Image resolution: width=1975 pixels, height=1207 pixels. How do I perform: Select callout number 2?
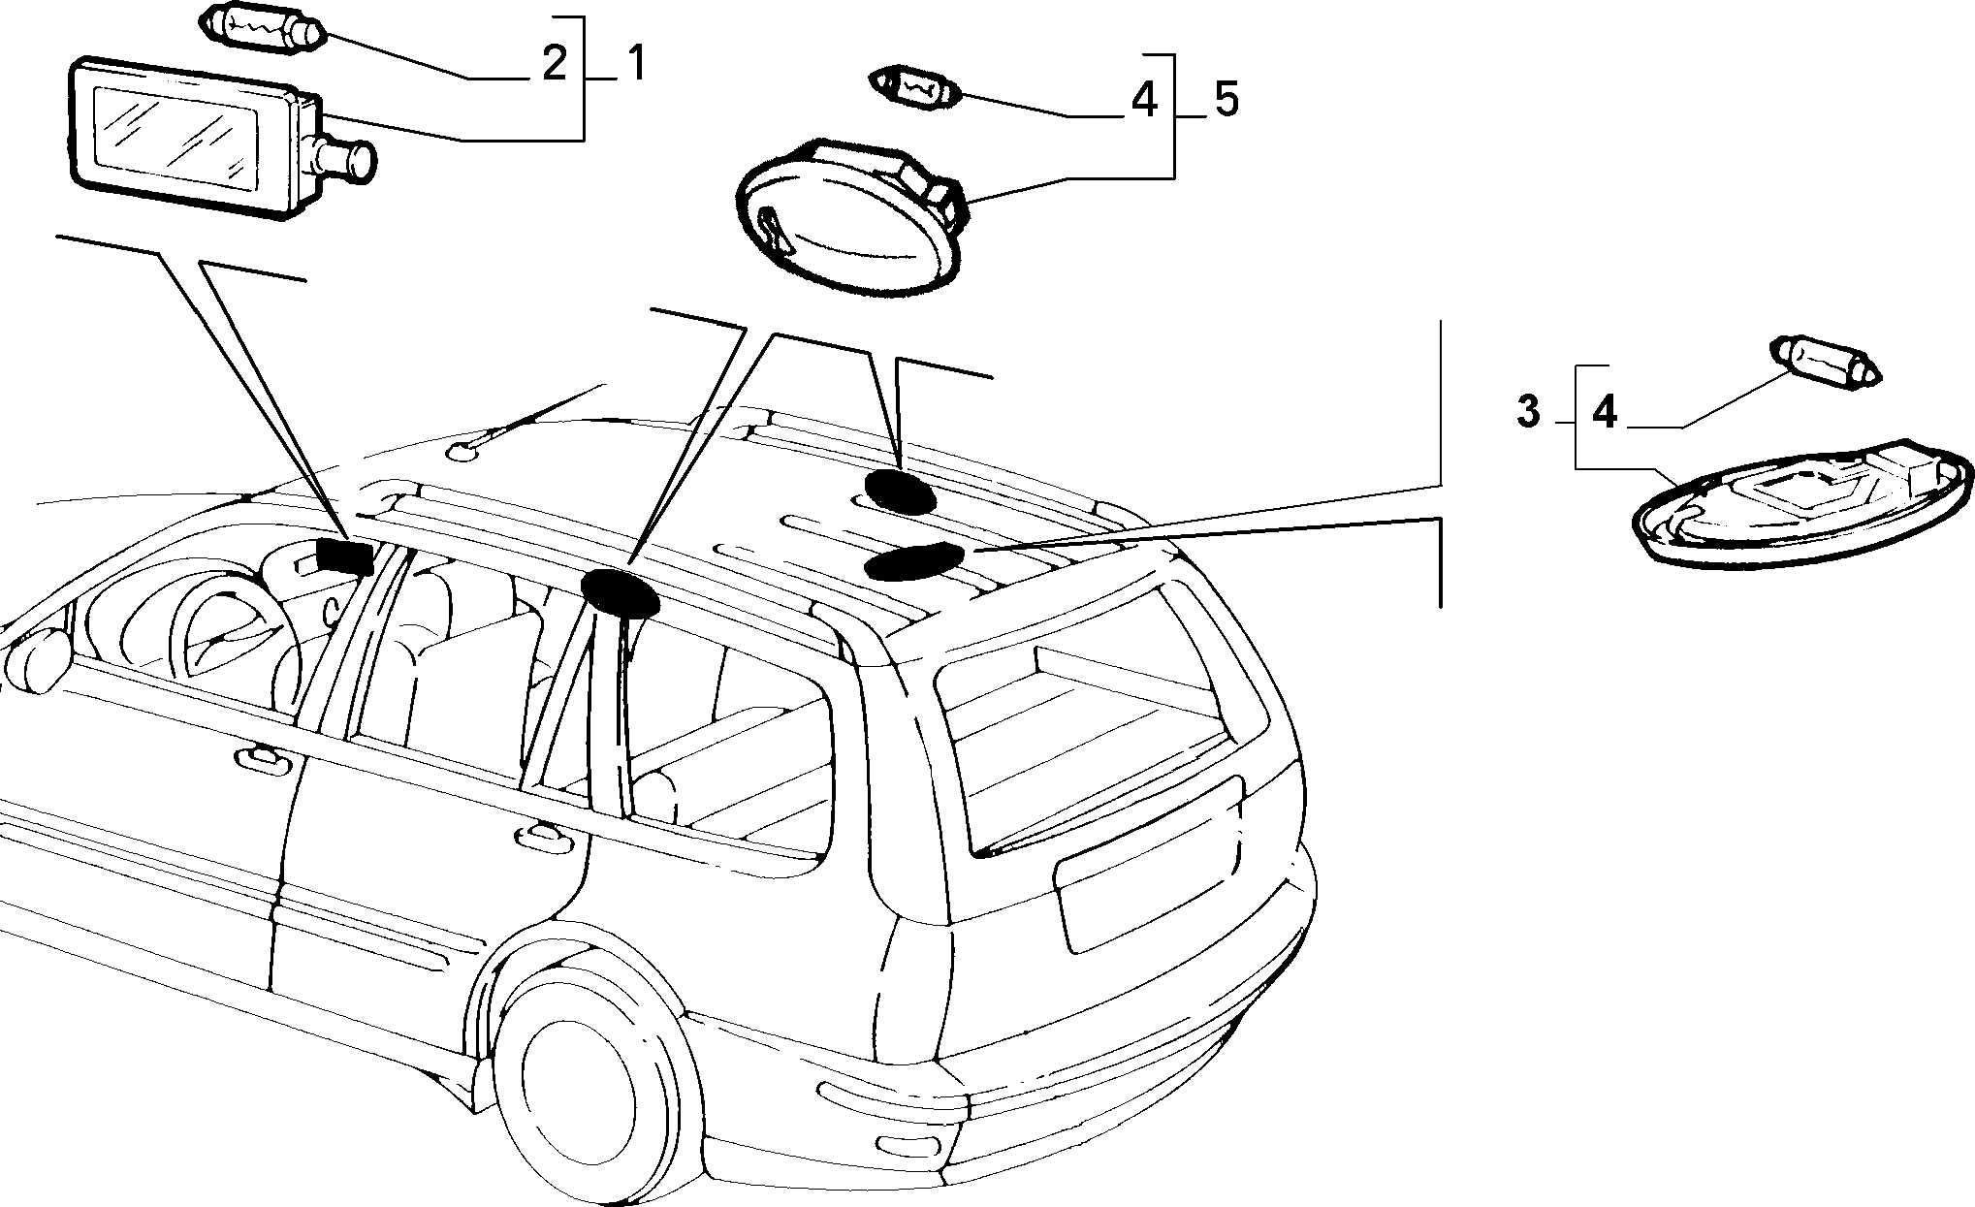click(554, 64)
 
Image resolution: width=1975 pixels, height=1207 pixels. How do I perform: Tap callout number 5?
click(1226, 101)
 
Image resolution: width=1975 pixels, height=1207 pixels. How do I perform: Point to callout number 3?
click(1528, 412)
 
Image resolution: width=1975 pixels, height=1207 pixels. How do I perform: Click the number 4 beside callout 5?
click(1145, 101)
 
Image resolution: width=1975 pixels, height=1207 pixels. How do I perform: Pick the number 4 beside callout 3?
click(1606, 412)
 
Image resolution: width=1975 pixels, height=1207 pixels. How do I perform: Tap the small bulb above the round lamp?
click(917, 89)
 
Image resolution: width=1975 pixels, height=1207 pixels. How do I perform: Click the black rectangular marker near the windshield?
click(345, 556)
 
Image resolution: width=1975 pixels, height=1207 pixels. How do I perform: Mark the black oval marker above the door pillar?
click(619, 593)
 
